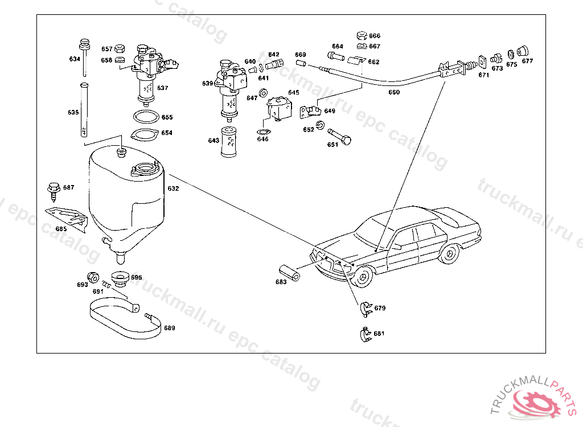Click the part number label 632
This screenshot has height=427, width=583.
173,188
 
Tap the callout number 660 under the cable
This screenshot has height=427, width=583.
394,92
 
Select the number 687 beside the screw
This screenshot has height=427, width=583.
68,187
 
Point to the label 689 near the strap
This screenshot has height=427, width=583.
170,328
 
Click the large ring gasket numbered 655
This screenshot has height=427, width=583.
146,117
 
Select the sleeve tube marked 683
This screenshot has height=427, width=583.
290,272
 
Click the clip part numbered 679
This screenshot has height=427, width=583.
365,307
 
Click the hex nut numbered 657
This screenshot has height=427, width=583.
120,48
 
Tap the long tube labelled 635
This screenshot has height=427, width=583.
84,111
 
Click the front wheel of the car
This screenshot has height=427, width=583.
363,277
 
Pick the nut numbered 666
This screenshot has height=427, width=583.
361,36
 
